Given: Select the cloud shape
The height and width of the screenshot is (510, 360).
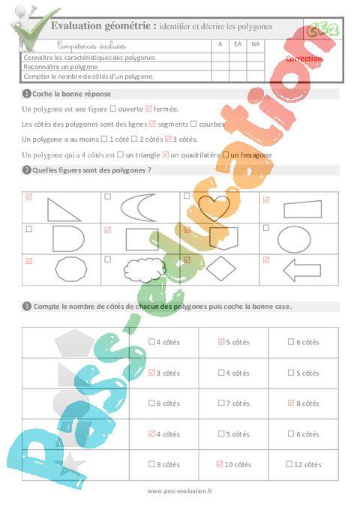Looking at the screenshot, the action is (142, 268).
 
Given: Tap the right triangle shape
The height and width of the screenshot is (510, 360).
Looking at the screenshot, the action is (63, 208).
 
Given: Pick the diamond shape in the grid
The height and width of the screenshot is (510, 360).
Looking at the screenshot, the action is (220, 268).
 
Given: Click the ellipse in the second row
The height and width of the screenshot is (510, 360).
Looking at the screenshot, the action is (294, 238).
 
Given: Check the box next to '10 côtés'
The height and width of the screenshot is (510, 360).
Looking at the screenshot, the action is (220, 464).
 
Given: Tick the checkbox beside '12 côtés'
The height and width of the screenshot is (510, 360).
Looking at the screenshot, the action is (291, 464).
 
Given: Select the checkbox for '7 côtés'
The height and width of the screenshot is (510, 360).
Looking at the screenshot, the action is (220, 403).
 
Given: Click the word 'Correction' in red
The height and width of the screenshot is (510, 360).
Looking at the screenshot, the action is (304, 58).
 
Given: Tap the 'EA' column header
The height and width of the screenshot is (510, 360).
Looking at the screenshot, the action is (238, 44).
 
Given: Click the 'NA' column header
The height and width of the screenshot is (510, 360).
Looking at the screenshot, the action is (256, 44).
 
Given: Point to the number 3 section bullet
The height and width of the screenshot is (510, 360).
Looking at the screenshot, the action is (27, 306).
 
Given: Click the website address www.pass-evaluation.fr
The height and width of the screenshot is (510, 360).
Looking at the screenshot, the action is (180, 490).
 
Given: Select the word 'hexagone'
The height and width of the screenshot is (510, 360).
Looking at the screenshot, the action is (252, 154).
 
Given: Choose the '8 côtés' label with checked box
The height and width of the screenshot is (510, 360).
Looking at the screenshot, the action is (307, 403).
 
